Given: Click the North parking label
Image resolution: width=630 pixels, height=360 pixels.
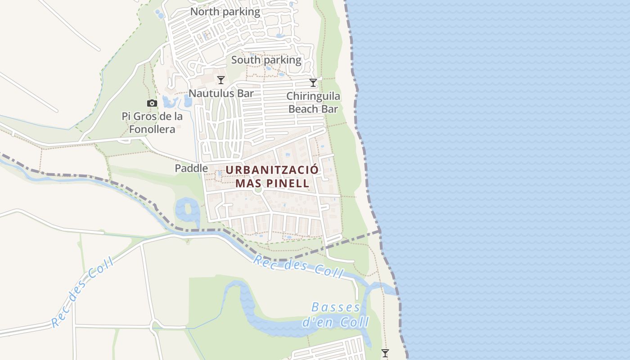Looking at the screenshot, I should [225, 12].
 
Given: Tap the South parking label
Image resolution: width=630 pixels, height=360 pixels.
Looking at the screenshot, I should [266, 60].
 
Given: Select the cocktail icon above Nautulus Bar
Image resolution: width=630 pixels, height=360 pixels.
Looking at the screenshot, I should [221, 80].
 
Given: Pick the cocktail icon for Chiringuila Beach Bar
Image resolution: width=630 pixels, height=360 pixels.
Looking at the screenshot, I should [313, 83].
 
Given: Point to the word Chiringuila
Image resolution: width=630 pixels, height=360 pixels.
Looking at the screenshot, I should [313, 96].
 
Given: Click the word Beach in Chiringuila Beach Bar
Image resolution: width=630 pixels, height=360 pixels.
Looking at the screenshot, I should [301, 109].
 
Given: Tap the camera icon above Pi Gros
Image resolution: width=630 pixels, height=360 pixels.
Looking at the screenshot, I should [152, 103].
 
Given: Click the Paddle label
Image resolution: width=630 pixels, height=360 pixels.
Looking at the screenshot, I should [191, 168].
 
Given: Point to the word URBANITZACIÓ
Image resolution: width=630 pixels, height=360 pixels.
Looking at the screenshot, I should [272, 170].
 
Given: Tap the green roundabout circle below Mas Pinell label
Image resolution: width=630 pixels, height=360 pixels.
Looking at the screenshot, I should [258, 190].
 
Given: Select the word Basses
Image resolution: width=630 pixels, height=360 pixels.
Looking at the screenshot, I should [336, 308].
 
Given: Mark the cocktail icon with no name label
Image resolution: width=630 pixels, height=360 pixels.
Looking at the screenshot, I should [385, 353].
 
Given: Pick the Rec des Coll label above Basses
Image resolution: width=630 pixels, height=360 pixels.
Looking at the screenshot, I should [298, 265].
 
